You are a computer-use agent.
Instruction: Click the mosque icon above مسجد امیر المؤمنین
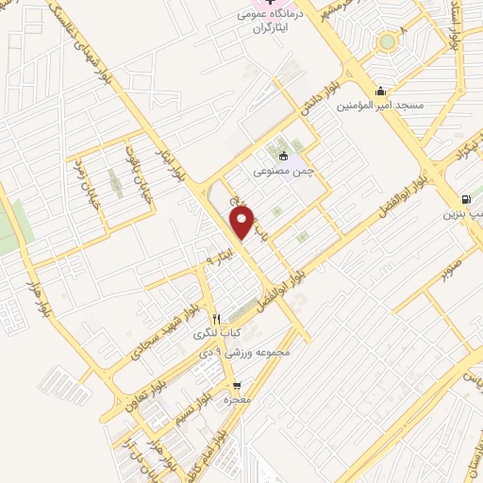click(380, 92)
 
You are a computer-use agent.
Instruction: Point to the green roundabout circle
click(387, 42)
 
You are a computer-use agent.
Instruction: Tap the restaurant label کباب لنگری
click(218, 333)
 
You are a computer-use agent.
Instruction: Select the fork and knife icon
click(216, 318)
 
